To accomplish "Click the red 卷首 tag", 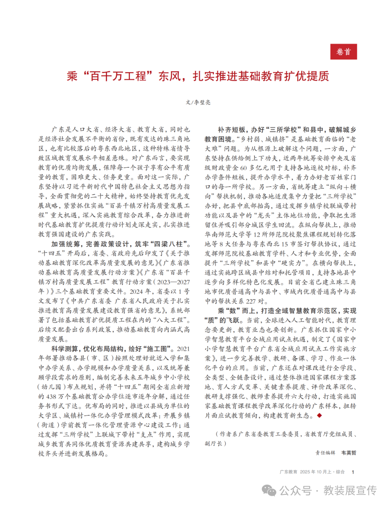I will (343, 52).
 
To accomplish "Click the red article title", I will (198, 76).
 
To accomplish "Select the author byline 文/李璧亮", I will (198, 102).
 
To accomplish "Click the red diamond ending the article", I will (319, 416).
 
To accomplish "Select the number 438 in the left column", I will (52, 397).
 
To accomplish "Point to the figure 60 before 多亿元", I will (243, 167).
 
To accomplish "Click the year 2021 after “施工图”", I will (183, 349).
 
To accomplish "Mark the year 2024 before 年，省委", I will (136, 291).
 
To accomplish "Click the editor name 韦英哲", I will (349, 453).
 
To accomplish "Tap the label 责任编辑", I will (325, 453).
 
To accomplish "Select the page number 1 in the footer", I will (353, 472).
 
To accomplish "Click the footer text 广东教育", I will (289, 472).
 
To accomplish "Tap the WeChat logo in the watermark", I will (269, 490).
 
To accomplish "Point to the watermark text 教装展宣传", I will (350, 490).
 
